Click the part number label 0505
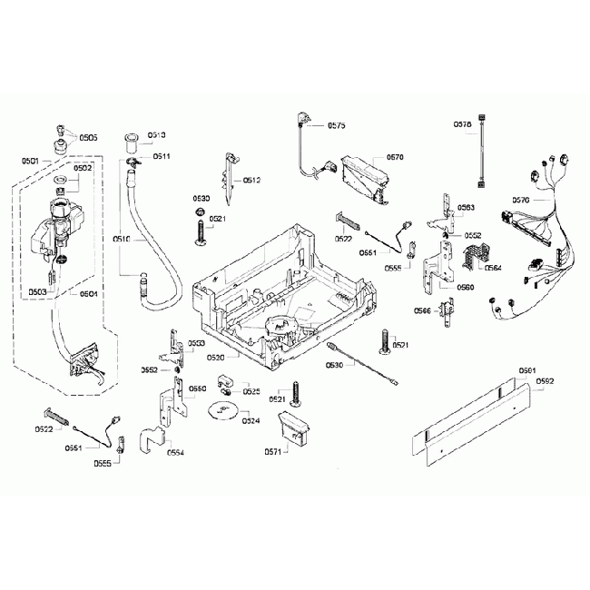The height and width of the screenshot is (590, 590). point(88,138)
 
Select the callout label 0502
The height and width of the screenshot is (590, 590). point(84,168)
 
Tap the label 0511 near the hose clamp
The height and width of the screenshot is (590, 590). point(162,156)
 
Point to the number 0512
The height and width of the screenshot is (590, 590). point(251,181)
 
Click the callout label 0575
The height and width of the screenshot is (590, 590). point(336,125)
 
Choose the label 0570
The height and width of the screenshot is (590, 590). point(395,157)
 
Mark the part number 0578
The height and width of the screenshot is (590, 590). point(461,124)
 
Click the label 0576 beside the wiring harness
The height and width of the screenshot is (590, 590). point(521,200)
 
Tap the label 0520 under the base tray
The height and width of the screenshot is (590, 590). point(216,358)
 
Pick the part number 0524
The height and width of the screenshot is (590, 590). point(251,420)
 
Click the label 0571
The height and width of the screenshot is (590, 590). point(271,451)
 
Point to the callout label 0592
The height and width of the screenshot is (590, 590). point(545,382)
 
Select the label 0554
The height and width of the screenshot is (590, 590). point(176,451)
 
